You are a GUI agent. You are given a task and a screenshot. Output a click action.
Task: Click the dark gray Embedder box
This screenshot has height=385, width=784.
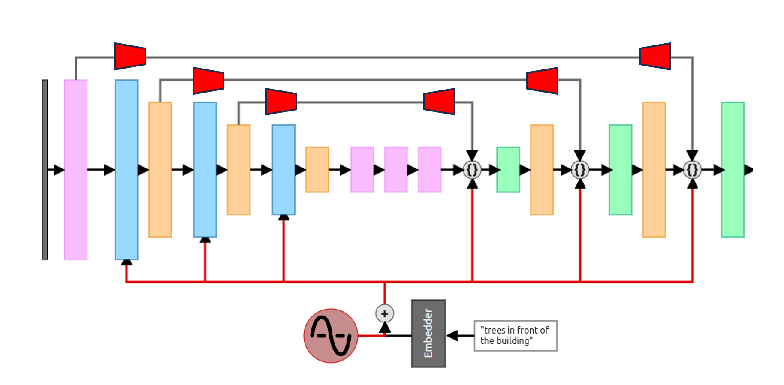[428, 333]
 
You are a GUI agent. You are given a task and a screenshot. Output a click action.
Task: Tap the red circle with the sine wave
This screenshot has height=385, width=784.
[330, 336]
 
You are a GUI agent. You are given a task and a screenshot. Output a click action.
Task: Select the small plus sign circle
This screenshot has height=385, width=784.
[384, 313]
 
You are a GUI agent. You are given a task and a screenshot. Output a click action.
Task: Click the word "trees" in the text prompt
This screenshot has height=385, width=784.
[495, 330]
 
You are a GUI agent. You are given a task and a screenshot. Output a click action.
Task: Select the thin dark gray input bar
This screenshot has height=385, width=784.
[45, 169]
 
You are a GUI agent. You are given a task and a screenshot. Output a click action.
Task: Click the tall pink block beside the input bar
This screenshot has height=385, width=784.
[76, 169]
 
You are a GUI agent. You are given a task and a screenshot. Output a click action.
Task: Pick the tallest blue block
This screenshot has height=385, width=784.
[126, 169]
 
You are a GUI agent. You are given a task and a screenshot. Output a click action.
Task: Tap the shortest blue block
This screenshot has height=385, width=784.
[283, 169]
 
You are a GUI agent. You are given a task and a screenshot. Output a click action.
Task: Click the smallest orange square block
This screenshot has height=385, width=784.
[317, 169]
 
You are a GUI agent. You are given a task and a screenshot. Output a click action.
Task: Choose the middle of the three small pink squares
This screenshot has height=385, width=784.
[395, 169]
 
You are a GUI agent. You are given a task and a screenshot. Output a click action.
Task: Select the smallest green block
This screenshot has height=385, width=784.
[508, 169]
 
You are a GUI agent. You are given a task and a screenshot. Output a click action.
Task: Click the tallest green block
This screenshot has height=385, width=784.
[732, 169]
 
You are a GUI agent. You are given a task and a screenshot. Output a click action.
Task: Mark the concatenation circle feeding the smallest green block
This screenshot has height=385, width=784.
[472, 170]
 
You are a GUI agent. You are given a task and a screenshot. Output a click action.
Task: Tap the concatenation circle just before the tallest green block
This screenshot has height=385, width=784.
[692, 170]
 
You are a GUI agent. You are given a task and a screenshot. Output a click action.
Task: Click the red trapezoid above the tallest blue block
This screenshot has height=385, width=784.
[130, 56]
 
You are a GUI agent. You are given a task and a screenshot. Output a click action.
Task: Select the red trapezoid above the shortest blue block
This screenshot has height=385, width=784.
[281, 102]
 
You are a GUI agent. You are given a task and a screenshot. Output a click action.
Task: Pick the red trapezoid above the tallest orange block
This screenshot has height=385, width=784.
[655, 56]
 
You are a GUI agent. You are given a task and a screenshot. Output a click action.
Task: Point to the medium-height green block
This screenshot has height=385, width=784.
[620, 169]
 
